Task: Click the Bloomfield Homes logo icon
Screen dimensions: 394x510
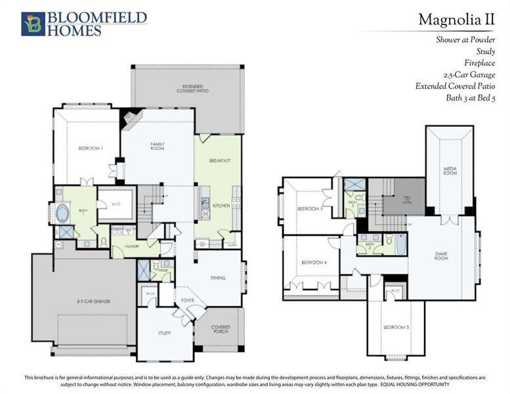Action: (33, 23)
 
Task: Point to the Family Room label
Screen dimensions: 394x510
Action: (157, 146)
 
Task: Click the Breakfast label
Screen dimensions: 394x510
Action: (218, 160)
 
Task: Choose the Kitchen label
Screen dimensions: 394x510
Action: (221, 206)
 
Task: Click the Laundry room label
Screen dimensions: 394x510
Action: (134, 247)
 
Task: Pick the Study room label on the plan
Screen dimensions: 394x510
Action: (164, 333)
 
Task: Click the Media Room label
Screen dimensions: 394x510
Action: (450, 171)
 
